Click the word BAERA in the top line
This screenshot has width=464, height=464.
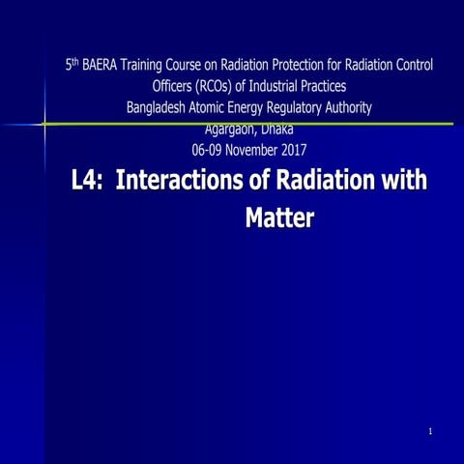pos(99,66)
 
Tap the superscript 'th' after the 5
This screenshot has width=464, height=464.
pos(73,63)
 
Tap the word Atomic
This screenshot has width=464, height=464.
pos(218,107)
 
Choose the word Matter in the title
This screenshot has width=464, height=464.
pos(279,217)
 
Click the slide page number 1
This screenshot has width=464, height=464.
pos(429,431)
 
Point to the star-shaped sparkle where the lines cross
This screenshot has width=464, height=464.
pos(44,124)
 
